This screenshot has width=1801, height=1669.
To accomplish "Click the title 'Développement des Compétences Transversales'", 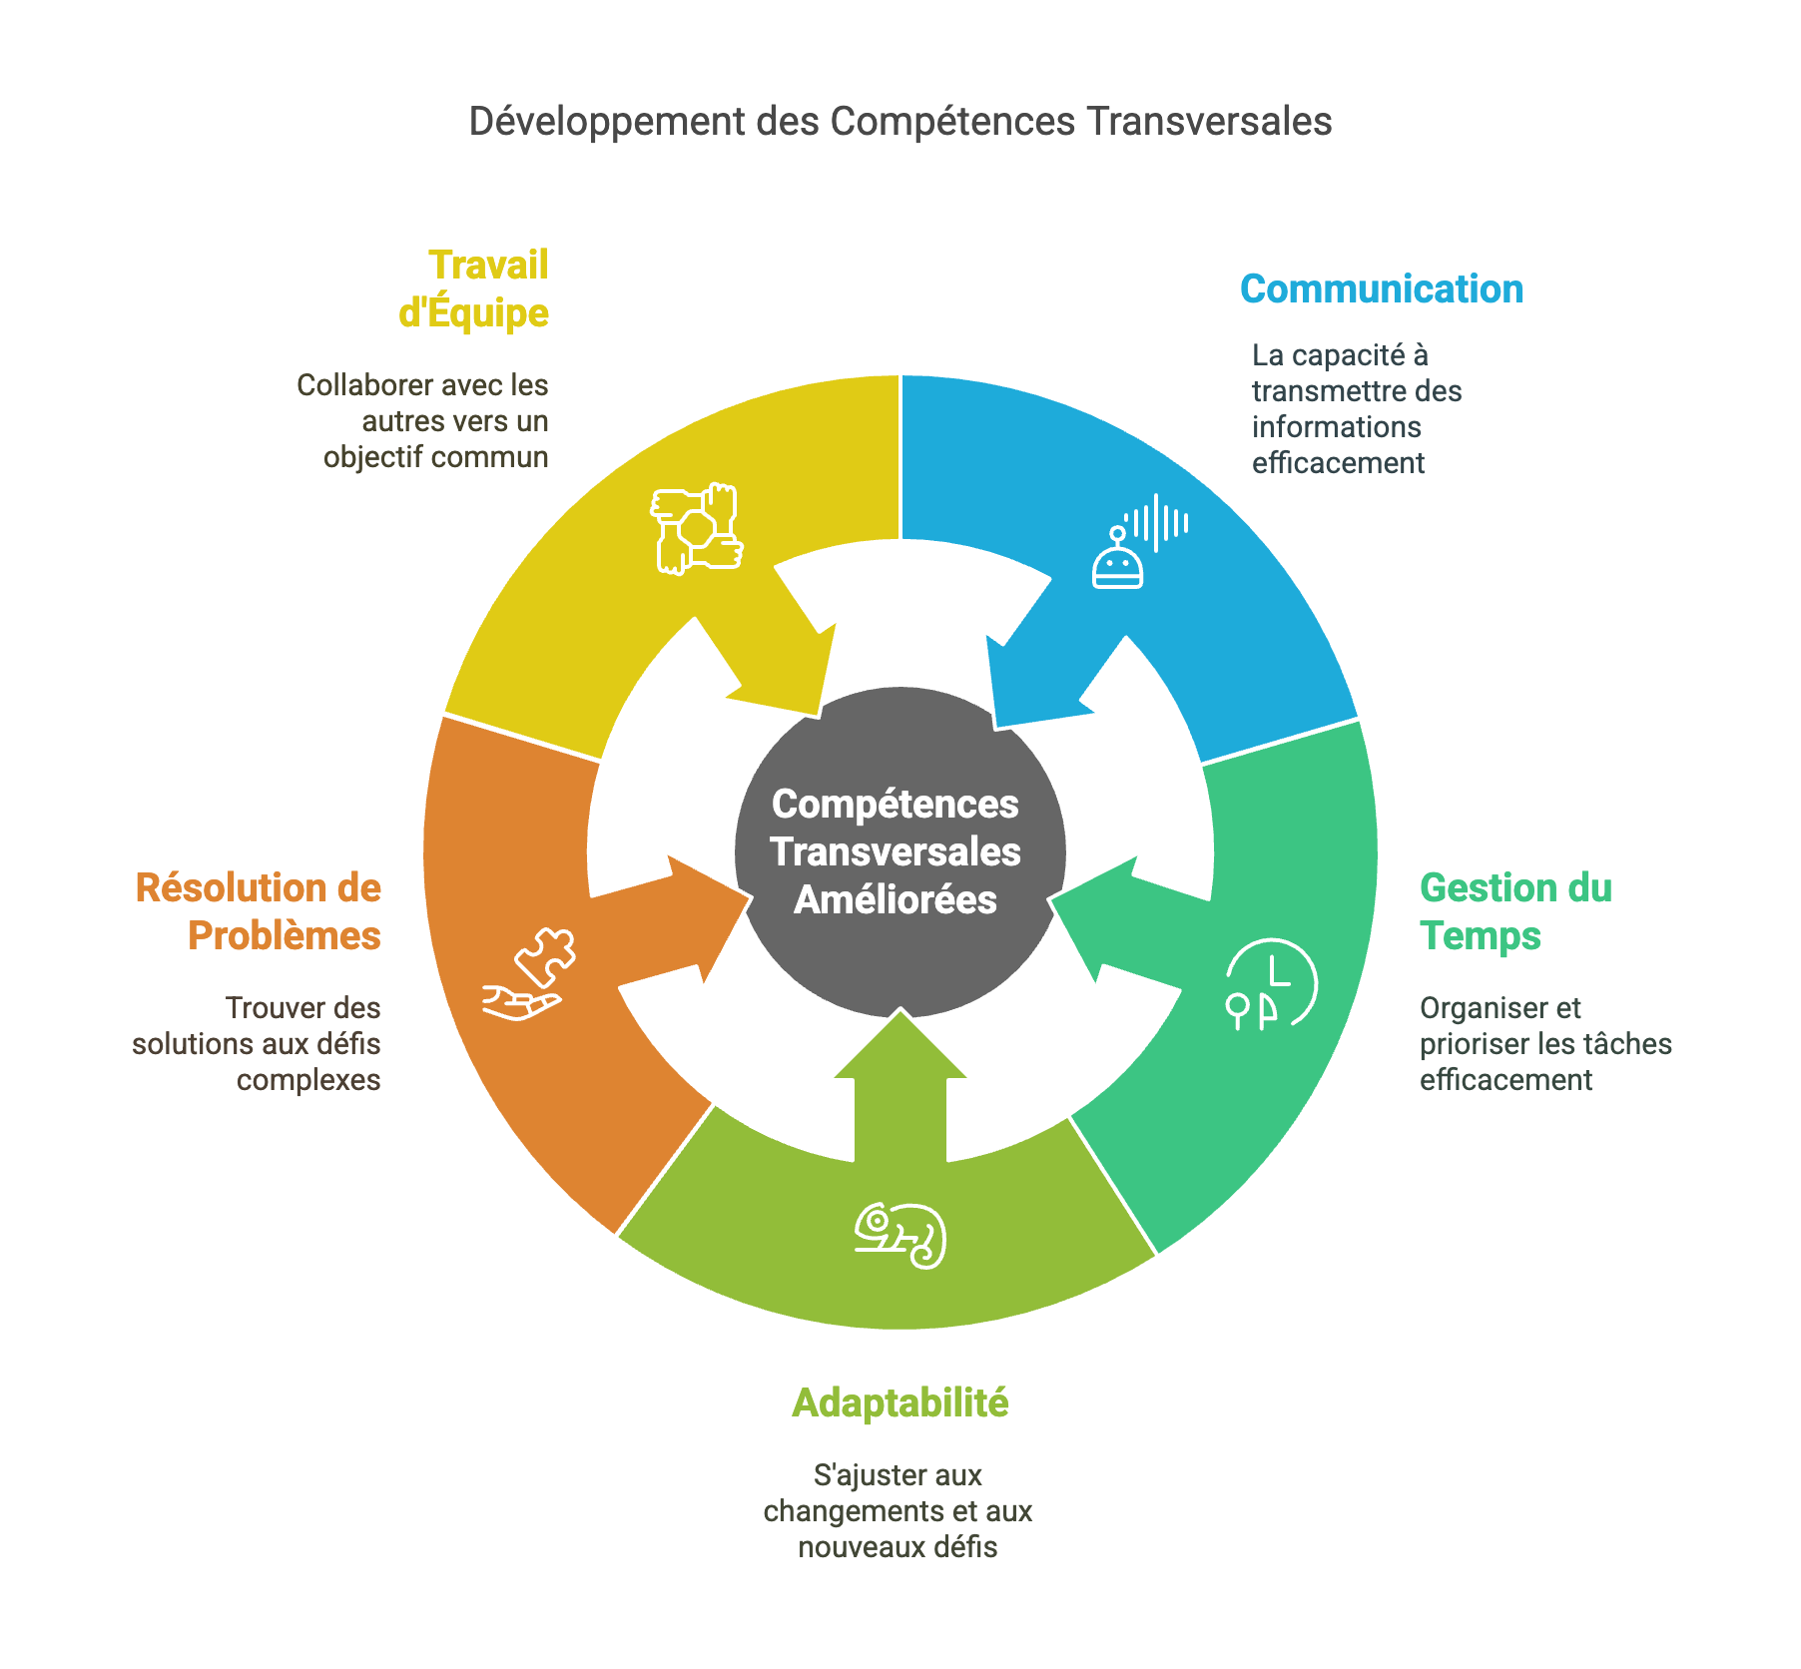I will coord(900,122).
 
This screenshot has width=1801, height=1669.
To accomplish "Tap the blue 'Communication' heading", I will coord(1381,289).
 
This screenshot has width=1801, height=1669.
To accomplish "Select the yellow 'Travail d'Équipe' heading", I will coord(474,289).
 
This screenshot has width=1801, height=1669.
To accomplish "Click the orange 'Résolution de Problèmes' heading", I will coord(260,911).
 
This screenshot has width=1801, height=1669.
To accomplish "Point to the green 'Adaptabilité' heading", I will coord(900,1402).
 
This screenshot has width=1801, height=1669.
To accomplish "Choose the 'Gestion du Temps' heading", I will coord(1514,911).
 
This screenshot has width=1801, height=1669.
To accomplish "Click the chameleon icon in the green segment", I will coord(900,1235).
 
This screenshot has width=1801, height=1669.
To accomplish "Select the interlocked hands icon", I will coord(697,528).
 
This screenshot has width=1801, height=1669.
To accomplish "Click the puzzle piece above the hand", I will coord(546,957).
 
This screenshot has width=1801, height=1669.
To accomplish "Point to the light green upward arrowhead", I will coord(900,1048).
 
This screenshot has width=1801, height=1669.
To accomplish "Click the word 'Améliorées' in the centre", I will coord(896,900).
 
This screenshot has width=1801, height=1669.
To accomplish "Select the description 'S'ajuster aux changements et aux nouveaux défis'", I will coord(898,1510).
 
